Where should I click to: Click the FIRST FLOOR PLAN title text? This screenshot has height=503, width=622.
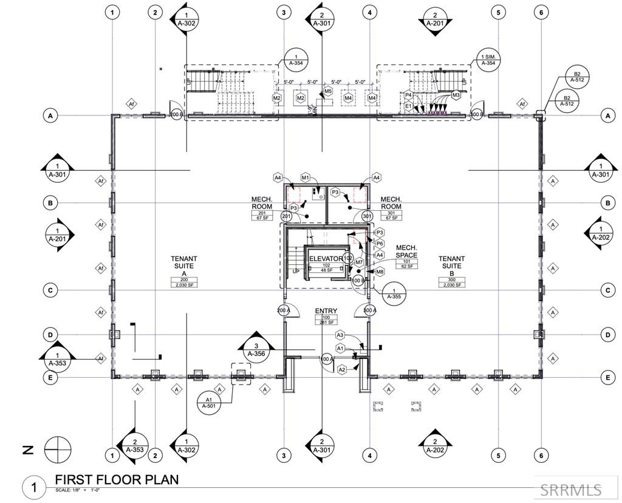[117, 479]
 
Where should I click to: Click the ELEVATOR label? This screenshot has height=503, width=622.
[326, 259]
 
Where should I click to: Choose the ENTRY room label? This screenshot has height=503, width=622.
[326, 311]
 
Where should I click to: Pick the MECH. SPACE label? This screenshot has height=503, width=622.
[406, 251]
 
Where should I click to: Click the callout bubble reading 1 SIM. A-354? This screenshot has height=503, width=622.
[488, 58]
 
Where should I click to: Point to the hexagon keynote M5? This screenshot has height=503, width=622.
[327, 91]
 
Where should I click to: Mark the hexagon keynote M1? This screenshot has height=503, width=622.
[306, 177]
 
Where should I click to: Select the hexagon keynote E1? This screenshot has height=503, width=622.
[409, 106]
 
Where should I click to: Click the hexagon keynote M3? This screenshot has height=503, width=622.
[456, 95]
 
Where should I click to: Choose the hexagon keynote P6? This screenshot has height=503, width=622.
[380, 244]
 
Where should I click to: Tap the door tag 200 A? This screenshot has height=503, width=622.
[283, 310]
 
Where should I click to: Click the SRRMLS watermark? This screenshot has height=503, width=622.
[571, 490]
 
